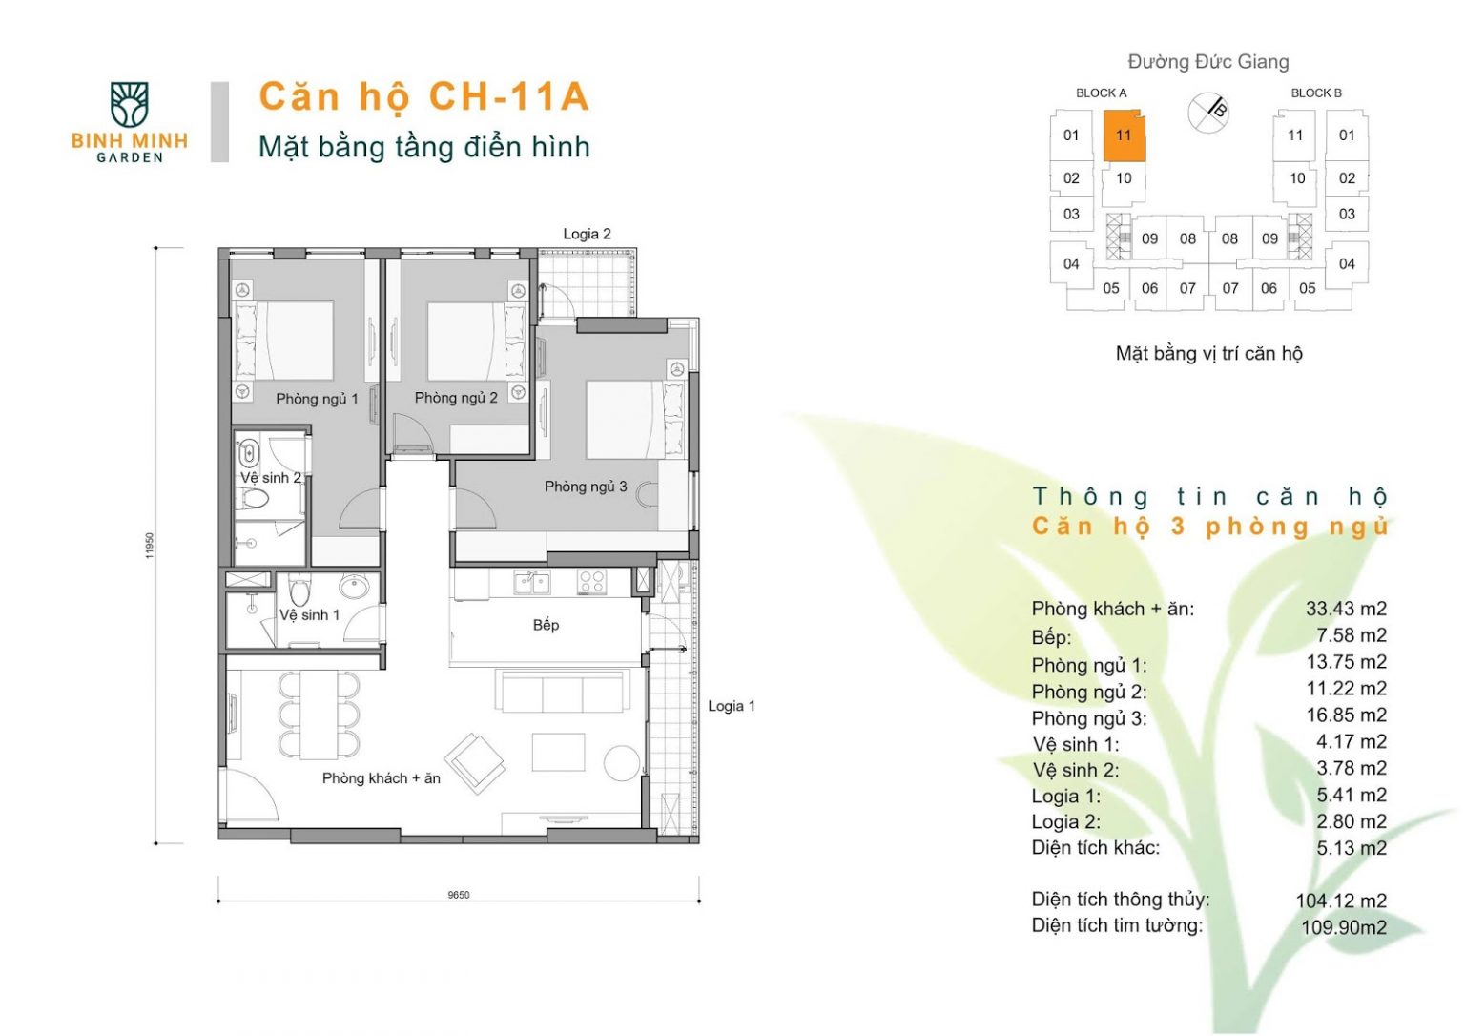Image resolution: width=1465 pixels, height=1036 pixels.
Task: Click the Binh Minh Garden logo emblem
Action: [x=129, y=104]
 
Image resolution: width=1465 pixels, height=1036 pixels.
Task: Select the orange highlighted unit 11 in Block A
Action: [x=1124, y=135]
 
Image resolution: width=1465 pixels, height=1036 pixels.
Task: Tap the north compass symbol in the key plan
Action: [x=1208, y=113]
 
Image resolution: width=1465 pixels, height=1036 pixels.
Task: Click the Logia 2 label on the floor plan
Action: [x=587, y=234]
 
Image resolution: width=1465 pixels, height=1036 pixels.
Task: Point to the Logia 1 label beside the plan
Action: [x=732, y=706]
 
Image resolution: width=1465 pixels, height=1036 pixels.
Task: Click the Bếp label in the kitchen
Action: [x=547, y=625]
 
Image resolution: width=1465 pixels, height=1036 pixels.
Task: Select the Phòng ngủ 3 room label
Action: [x=586, y=487]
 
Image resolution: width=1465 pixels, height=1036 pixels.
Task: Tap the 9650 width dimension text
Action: [x=459, y=895]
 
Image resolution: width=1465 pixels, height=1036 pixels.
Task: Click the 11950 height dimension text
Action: [x=150, y=546]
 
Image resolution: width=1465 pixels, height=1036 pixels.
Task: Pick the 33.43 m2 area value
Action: [x=1346, y=609]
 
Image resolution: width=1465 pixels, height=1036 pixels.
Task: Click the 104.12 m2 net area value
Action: [x=1341, y=901]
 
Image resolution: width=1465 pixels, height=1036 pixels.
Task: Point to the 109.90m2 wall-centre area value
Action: [x=1344, y=927]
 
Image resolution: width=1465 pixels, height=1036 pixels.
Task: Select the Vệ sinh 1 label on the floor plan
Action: [x=309, y=614]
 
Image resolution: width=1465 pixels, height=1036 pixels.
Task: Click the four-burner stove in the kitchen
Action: [x=591, y=582]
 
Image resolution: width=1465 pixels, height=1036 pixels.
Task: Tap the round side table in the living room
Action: [x=621, y=763]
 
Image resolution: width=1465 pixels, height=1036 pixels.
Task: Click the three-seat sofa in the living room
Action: [x=562, y=691]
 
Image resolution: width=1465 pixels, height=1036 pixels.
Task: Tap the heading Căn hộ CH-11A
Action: [x=424, y=97]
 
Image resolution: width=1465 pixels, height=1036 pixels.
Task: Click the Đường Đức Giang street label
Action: [x=1208, y=61]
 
